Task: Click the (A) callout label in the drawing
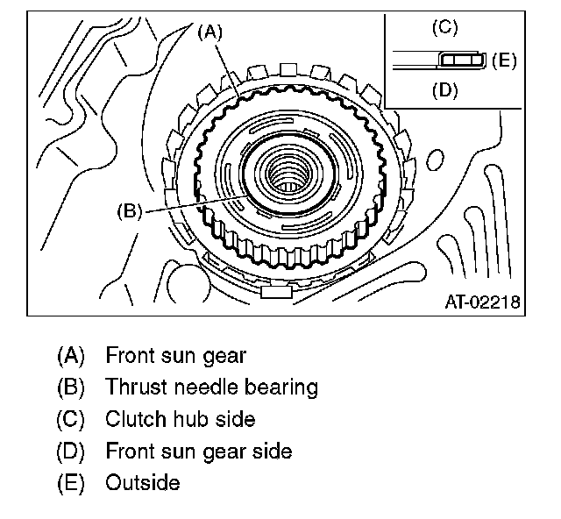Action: click(211, 32)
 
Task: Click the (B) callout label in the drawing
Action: click(129, 211)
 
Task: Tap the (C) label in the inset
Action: click(444, 28)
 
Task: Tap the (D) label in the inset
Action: click(444, 89)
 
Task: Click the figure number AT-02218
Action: click(482, 302)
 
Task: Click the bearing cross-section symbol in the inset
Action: click(460, 60)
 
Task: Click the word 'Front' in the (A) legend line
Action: click(129, 356)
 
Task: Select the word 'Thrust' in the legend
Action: click(132, 387)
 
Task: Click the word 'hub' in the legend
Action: click(188, 419)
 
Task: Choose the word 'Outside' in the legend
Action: click(142, 483)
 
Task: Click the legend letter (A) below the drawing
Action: click(70, 356)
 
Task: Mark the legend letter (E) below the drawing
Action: click(70, 483)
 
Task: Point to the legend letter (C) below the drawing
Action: click(70, 419)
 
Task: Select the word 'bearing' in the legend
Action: click(282, 387)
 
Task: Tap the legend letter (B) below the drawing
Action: click(70, 387)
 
